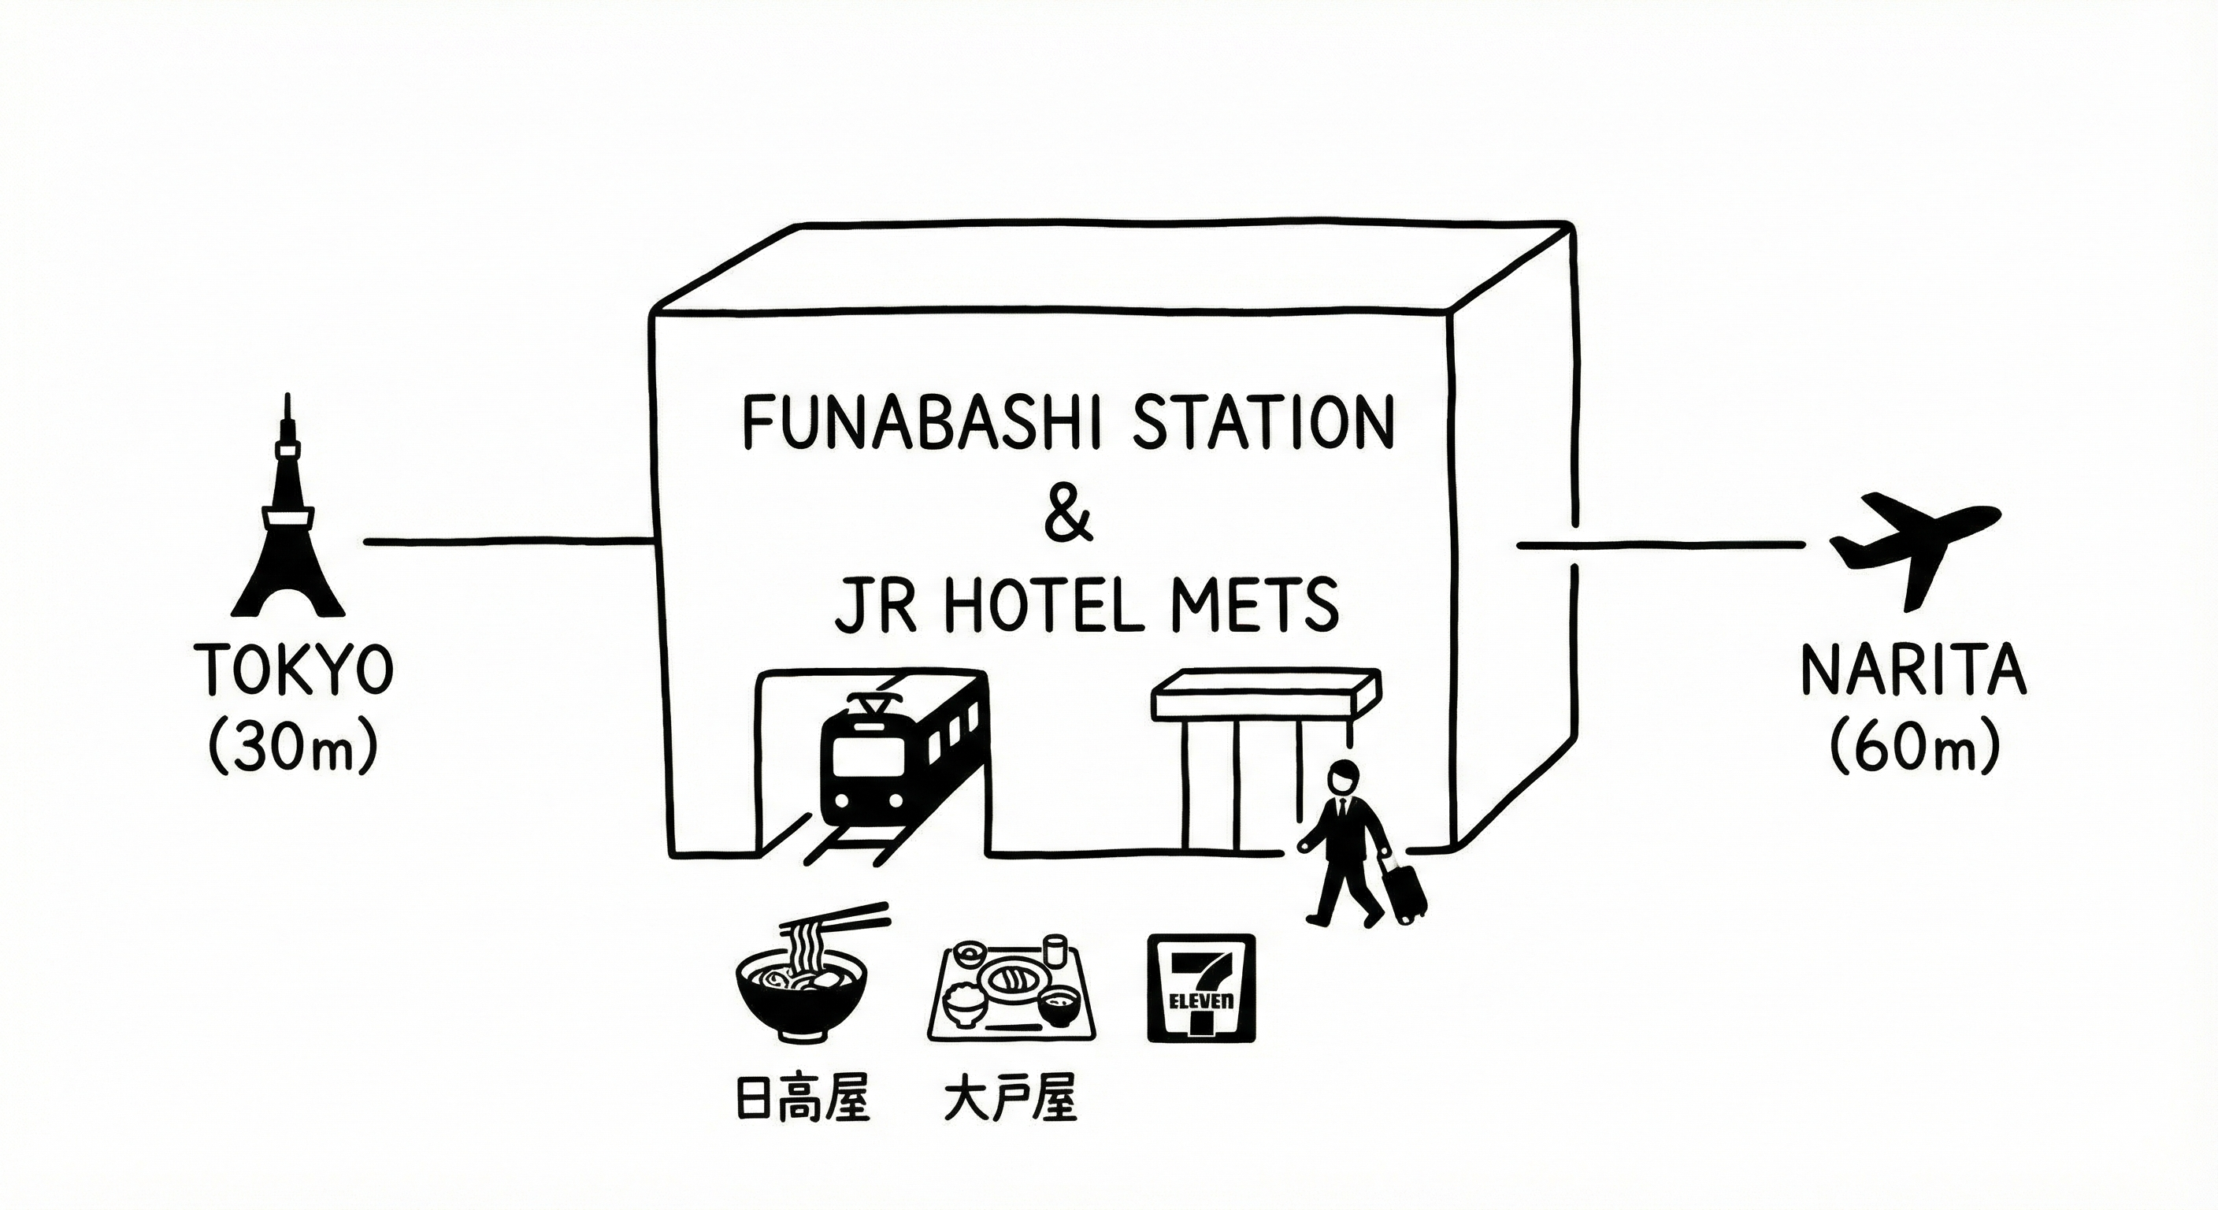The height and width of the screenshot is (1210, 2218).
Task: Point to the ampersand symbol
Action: click(x=1068, y=515)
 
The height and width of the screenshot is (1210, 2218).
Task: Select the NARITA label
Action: click(x=1913, y=670)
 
